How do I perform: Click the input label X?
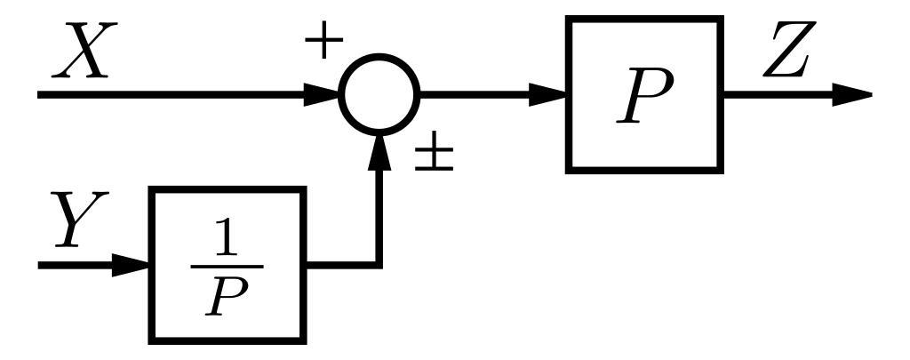coord(82,52)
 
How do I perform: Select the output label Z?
coord(786,55)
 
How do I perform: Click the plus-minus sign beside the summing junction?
coord(435,156)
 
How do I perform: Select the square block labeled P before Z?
coord(644,94)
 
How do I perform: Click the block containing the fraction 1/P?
coord(227,265)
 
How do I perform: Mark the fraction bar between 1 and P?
coord(227,266)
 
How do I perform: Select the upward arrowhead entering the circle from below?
coord(379,151)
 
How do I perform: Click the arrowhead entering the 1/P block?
coord(131,265)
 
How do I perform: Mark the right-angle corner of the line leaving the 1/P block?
coord(379,264)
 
